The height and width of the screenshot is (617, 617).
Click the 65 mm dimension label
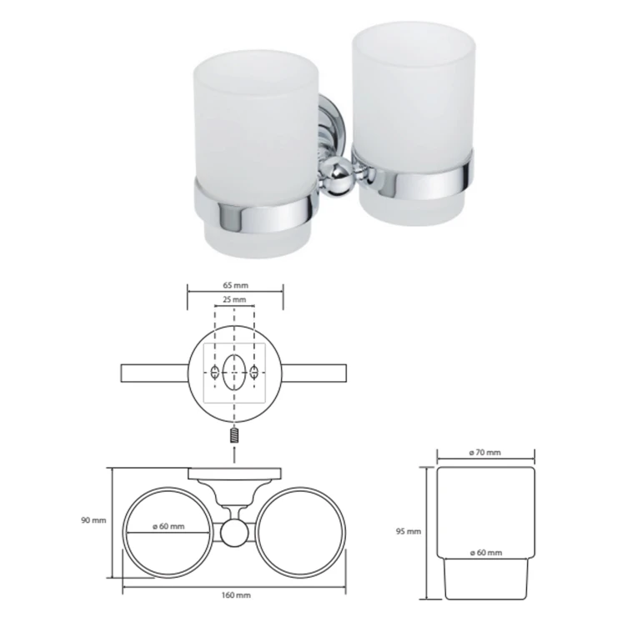[x=235, y=285]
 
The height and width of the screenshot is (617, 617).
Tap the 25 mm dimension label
[x=234, y=299]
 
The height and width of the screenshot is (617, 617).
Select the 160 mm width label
[x=236, y=595]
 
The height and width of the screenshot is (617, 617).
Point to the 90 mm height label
[x=93, y=520]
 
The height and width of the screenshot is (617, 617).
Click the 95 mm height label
[x=409, y=531]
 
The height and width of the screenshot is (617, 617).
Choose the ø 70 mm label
[x=485, y=453]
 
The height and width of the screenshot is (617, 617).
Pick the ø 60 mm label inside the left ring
[x=168, y=526]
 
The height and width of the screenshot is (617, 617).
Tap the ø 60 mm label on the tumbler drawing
[x=486, y=553]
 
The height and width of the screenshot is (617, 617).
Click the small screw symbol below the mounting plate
[x=234, y=436]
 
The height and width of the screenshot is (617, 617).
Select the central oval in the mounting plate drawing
[x=234, y=372]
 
